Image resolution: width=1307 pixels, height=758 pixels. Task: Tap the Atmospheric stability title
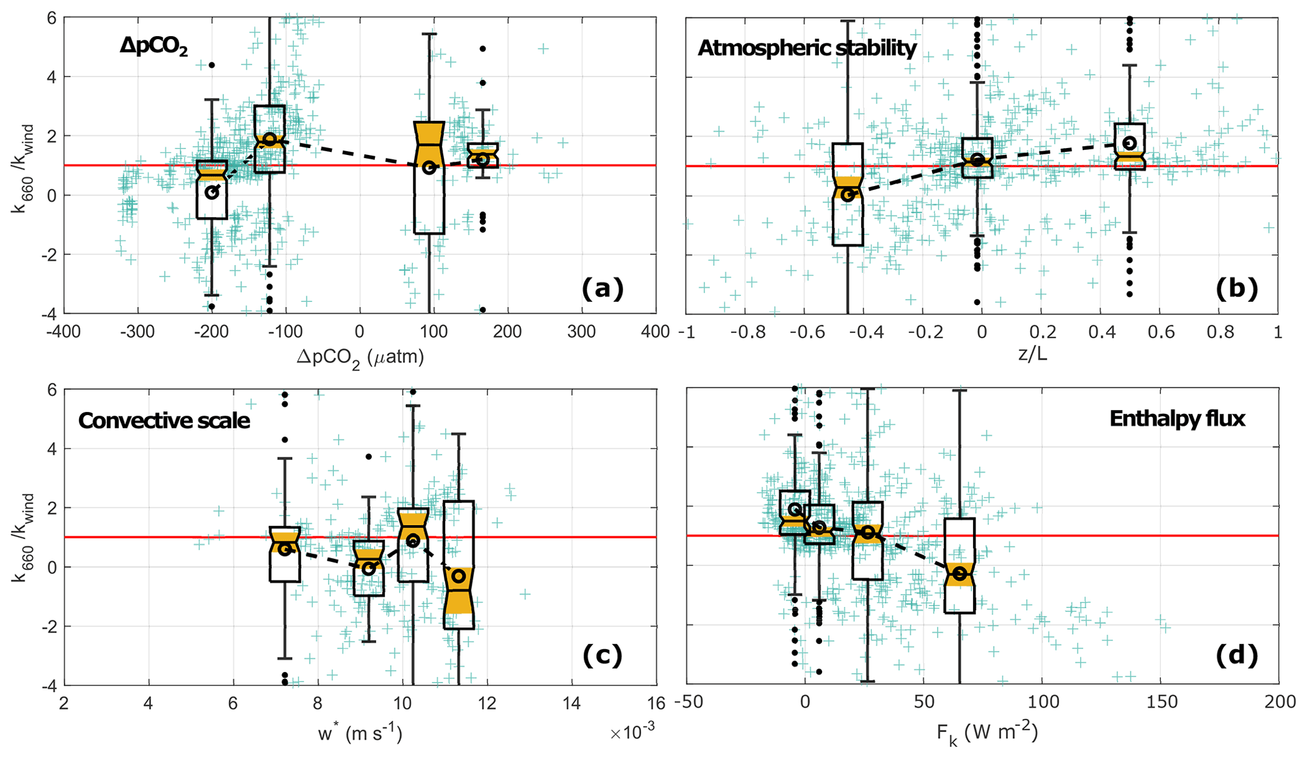807,47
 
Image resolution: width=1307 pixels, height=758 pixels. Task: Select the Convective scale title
164,420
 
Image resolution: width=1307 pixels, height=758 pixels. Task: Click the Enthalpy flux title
1177,418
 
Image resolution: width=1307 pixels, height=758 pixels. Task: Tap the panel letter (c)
602,655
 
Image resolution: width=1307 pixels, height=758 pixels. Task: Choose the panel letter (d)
1236,655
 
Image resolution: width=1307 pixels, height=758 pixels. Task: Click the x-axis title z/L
1032,354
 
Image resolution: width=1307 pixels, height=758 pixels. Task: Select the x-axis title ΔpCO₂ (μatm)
360,357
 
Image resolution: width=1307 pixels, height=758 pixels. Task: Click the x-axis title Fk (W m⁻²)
986,733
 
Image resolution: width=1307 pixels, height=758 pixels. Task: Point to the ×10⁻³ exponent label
632,733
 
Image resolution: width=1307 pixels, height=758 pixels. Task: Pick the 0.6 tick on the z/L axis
1161,332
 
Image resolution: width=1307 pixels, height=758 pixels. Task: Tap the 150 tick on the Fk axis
1162,702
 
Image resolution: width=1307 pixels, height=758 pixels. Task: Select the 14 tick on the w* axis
572,703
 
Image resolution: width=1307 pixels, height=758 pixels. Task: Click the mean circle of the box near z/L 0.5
1129,143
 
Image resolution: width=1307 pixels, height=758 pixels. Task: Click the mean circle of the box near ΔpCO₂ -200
212,192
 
